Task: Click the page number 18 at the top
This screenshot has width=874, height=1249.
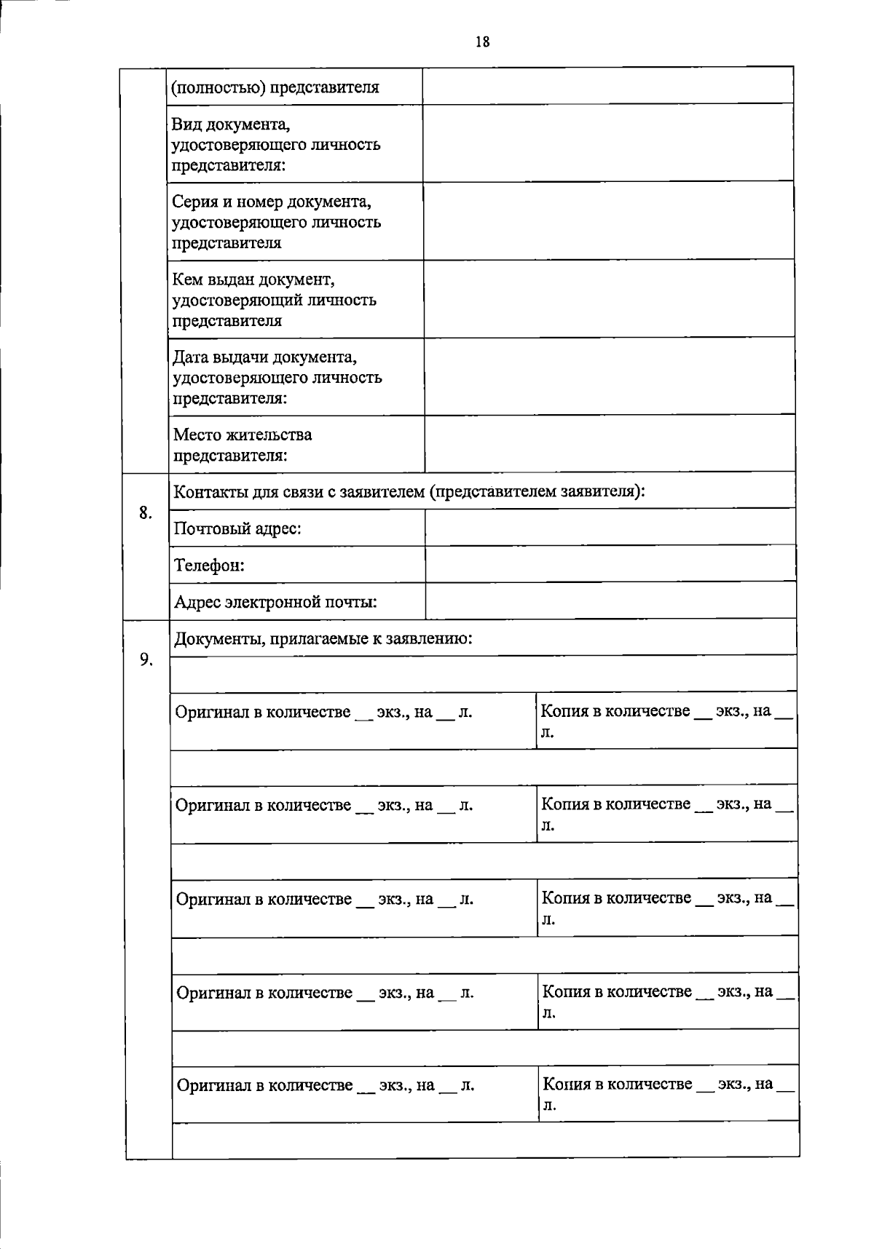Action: [x=482, y=41]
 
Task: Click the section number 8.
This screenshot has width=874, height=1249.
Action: [x=146, y=512]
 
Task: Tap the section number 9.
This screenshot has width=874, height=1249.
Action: [x=146, y=659]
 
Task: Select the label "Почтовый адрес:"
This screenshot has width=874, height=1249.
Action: [x=237, y=528]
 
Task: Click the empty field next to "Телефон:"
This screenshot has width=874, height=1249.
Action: [x=610, y=564]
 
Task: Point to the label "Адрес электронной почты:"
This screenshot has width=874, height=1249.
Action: [x=275, y=602]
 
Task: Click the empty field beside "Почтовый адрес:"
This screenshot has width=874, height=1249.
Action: [x=610, y=527]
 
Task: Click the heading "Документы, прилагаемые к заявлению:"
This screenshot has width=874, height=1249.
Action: [x=323, y=638]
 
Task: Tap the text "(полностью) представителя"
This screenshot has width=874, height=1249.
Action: [x=275, y=87]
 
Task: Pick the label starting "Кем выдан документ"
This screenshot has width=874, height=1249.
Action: [x=253, y=279]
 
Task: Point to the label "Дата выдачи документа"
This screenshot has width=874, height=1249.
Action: [x=264, y=357]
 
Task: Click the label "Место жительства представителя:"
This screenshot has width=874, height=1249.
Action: [x=243, y=445]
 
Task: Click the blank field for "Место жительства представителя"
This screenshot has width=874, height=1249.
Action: [x=610, y=443]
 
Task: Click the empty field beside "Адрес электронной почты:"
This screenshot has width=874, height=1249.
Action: [x=610, y=600]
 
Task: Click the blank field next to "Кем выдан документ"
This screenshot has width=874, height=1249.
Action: [x=609, y=298]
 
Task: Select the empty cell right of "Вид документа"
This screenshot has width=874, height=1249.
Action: [x=608, y=143]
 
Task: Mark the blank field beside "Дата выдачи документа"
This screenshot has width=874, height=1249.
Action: [x=609, y=376]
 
